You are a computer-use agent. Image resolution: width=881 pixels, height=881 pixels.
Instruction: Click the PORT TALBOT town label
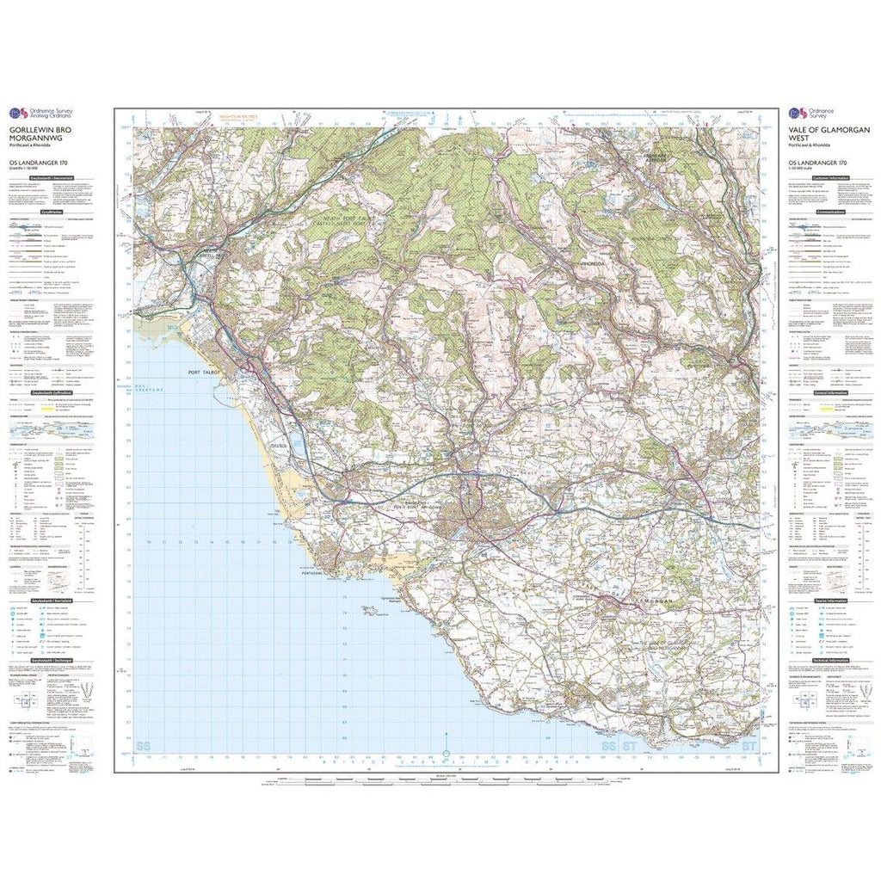204,373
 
